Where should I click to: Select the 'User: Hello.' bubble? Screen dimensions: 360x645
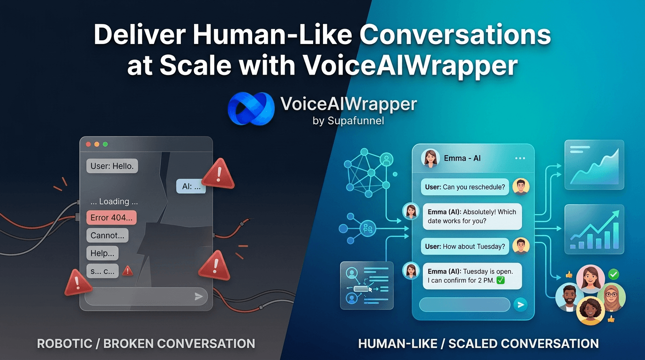point(112,166)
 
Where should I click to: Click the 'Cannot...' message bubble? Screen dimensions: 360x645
point(107,235)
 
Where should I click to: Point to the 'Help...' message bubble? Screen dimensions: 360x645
point(102,253)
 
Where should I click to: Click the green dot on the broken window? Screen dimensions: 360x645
point(105,144)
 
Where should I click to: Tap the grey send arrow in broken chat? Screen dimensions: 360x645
point(199,296)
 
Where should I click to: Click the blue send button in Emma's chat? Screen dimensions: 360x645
point(520,305)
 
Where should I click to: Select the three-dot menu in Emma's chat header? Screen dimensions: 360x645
point(520,158)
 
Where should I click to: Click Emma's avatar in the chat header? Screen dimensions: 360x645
point(430,158)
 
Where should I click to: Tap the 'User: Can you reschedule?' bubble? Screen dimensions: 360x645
point(465,187)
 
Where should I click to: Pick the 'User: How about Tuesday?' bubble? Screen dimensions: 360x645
point(465,246)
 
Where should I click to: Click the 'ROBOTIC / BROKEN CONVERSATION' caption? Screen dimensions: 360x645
point(146,344)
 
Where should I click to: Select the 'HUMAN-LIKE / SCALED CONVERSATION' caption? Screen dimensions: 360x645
point(478,344)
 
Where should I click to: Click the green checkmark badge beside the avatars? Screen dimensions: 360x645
point(613,274)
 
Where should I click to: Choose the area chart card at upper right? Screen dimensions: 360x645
point(594,165)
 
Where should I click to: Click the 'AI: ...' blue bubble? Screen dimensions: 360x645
point(191,187)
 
